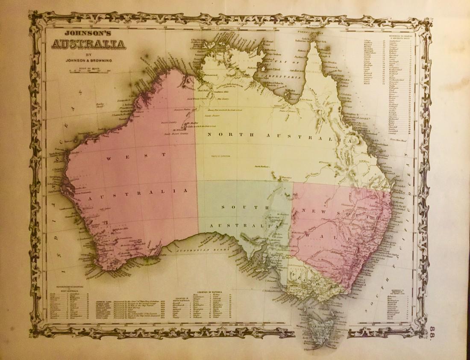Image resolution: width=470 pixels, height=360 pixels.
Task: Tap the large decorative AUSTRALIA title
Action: coord(88,44)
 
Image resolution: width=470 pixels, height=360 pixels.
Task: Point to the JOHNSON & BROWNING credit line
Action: coord(88,60)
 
